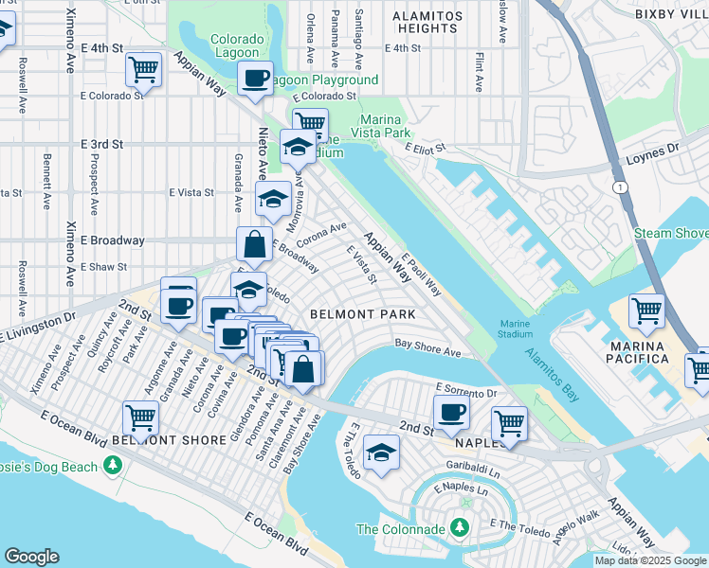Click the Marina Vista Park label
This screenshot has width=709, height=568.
(x=397, y=126)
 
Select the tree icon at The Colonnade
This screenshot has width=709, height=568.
(x=461, y=526)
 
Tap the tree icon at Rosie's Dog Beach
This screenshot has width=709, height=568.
(x=113, y=466)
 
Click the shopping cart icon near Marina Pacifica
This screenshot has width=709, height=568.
(x=646, y=311)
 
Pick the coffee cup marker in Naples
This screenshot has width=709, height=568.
(x=452, y=412)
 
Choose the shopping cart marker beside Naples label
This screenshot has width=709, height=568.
(x=509, y=423)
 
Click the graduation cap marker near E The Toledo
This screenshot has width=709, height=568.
(x=381, y=453)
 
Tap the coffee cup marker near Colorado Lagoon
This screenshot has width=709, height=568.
(x=254, y=79)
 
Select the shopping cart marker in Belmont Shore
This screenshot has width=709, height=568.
(x=140, y=417)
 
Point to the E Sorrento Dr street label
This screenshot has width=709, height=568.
(x=466, y=390)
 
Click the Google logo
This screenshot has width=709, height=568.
(x=32, y=557)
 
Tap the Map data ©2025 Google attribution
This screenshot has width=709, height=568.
(x=650, y=560)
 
